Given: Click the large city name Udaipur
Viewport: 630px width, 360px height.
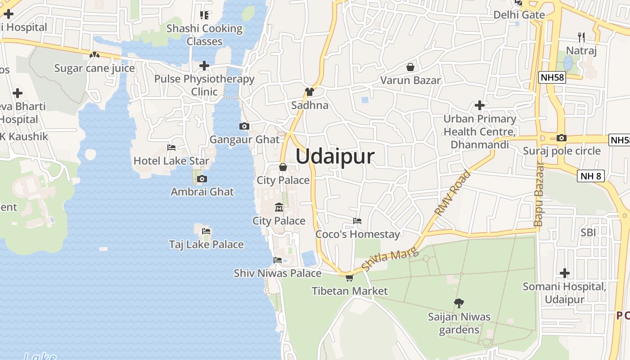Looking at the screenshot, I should (x=335, y=157).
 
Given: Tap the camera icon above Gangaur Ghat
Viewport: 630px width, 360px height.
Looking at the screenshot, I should (x=244, y=126).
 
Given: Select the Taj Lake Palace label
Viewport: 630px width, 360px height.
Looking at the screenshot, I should (x=206, y=244).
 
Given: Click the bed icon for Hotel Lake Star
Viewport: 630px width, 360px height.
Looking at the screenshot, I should (x=171, y=147).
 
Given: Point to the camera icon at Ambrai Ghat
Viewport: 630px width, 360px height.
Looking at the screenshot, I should (x=202, y=179).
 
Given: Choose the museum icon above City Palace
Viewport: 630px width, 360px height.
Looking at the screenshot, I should (x=279, y=207).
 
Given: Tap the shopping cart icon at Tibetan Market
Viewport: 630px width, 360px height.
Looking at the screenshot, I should (x=349, y=278).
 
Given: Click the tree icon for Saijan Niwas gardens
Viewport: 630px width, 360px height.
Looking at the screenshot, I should (x=459, y=303).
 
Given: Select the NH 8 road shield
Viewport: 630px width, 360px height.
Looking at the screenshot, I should (x=590, y=176).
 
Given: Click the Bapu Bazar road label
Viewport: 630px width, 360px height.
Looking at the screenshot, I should (x=539, y=194).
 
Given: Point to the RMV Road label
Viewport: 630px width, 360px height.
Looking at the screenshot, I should (x=453, y=192).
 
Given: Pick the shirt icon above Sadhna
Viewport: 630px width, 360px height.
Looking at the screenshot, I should (x=309, y=92).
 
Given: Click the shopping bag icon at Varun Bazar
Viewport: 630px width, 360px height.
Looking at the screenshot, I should (x=410, y=67).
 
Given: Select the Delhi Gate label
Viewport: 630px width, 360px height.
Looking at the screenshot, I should (x=519, y=15).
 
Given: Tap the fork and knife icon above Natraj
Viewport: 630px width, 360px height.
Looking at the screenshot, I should (x=581, y=37).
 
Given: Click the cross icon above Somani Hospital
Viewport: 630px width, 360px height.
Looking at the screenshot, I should (x=565, y=273).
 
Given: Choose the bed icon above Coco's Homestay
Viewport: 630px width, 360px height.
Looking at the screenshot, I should (x=357, y=221).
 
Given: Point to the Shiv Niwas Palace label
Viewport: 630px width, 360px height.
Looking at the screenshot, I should (x=278, y=273).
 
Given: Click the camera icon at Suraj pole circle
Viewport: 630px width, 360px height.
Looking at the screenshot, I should (x=561, y=138).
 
